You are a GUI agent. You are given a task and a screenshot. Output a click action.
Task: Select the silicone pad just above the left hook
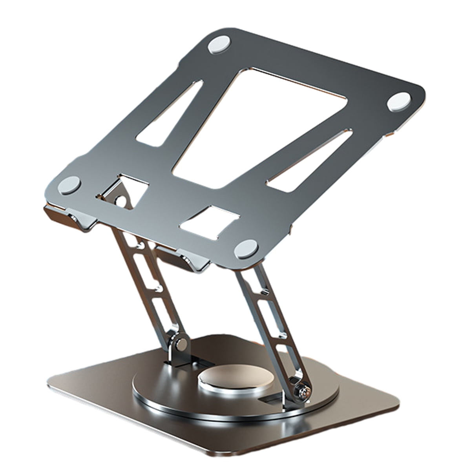point(70,184)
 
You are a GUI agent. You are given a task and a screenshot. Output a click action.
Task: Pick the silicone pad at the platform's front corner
point(246,248)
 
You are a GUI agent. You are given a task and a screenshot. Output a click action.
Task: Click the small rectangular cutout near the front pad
point(210,222)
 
